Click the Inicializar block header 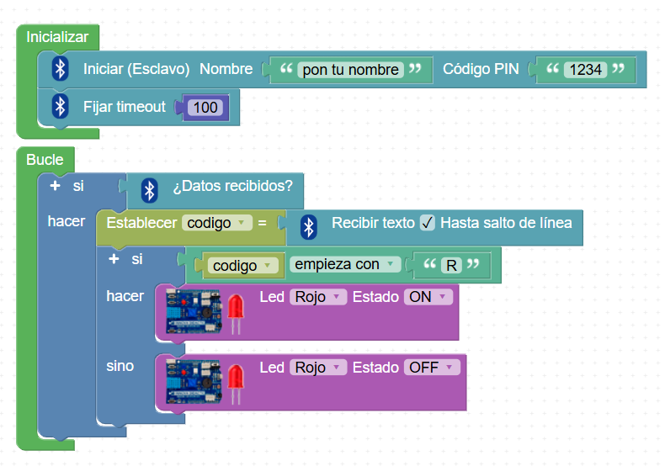tap(57, 37)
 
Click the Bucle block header tap(45, 159)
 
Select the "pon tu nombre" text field tap(351, 70)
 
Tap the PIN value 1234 tap(585, 70)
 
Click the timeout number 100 tap(205, 108)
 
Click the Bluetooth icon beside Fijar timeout tap(60, 107)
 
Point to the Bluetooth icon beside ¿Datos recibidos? tap(149, 189)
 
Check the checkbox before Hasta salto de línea tap(428, 223)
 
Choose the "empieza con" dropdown tap(345, 264)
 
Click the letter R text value tap(452, 265)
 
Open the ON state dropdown tap(428, 297)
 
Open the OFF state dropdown tap(433, 368)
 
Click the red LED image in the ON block tap(237, 311)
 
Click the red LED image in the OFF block tap(237, 381)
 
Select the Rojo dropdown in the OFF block tap(317, 368)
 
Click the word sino tap(120, 367)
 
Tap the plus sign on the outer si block tap(55, 184)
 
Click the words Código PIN tap(481, 69)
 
